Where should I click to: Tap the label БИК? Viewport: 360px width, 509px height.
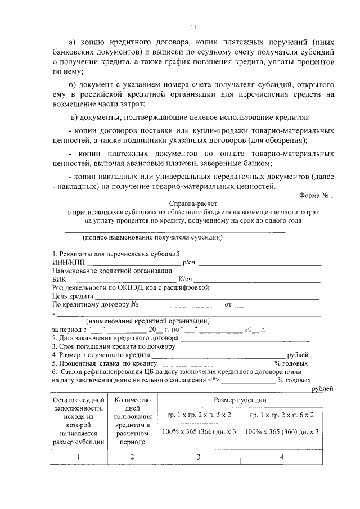point(58,279)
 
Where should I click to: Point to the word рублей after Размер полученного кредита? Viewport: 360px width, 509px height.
point(298,355)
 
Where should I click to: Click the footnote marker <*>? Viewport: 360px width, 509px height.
point(213,380)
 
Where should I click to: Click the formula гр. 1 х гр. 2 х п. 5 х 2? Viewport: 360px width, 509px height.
point(200,415)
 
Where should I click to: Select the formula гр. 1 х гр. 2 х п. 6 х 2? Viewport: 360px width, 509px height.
point(282,415)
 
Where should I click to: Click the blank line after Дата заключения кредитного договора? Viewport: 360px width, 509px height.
point(245,339)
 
